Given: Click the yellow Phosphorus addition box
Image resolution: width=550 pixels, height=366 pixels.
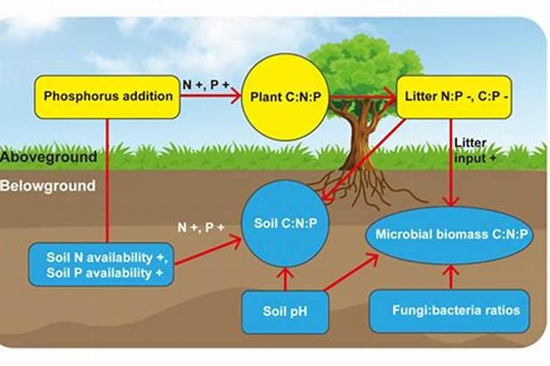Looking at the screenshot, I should coord(107,96).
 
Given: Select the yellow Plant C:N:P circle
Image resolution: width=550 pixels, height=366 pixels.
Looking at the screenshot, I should coord(284,96).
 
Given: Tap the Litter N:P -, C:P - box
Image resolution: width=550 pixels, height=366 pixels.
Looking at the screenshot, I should coord(454,96).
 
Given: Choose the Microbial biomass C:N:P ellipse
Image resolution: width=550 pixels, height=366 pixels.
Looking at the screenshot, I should coord(451,235).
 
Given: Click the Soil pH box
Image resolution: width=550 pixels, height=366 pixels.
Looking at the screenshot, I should coord(285,310).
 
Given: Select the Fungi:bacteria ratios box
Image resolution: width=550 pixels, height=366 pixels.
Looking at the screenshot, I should coord(450,310).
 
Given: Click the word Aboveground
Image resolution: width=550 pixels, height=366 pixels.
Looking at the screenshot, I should coord(48,157).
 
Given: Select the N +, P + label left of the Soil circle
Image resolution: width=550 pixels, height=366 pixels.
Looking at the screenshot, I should coord(200,228).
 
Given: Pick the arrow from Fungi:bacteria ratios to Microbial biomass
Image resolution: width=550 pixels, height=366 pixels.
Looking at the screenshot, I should coord(450,277).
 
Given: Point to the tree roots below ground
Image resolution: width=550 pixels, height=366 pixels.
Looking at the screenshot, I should coord(367,187).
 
